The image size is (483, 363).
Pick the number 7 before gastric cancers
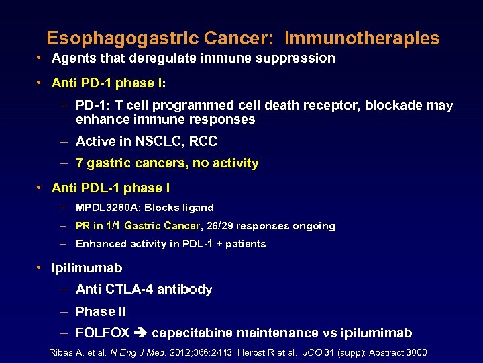pyautogui.click(x=80, y=163)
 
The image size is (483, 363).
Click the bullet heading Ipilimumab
pyautogui.click(x=87, y=268)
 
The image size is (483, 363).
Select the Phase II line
pyautogui.click(x=101, y=311)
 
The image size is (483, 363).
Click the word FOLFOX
pyautogui.click(x=103, y=333)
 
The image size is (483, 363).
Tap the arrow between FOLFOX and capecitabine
pyautogui.click(x=141, y=333)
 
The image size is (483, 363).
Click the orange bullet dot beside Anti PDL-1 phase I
pyautogui.click(x=41, y=188)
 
